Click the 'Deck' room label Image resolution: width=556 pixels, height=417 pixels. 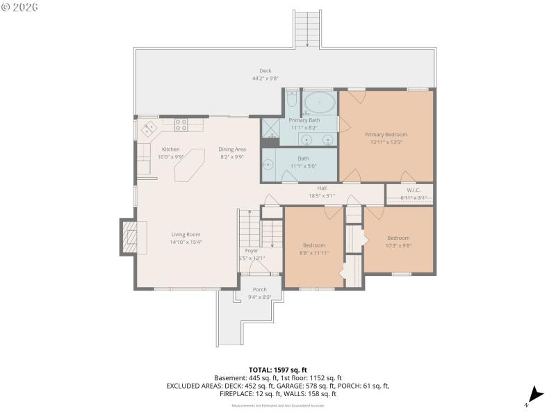pyautogui.click(x=265, y=71)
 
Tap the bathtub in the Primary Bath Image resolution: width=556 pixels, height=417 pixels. pyautogui.click(x=320, y=103)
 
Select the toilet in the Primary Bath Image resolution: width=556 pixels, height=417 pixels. pyautogui.click(x=292, y=101)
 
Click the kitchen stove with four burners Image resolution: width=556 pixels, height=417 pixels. pyautogui.click(x=181, y=125)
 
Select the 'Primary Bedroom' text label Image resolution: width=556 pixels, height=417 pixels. pyautogui.click(x=386, y=134)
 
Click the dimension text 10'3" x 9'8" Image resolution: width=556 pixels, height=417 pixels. pyautogui.click(x=398, y=245)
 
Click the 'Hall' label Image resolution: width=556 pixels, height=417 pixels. pyautogui.click(x=322, y=188)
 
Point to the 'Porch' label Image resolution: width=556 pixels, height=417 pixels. pyautogui.click(x=259, y=290)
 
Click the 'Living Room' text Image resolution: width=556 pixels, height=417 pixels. pyautogui.click(x=186, y=234)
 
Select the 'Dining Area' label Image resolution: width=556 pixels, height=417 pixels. pyautogui.click(x=232, y=149)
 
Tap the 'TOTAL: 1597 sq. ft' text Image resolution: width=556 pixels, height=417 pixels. pyautogui.click(x=277, y=369)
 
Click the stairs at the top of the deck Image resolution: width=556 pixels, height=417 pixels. pyautogui.click(x=306, y=28)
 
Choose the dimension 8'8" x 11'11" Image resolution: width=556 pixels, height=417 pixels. pyautogui.click(x=314, y=253)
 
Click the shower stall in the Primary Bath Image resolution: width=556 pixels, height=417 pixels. pyautogui.click(x=270, y=128)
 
